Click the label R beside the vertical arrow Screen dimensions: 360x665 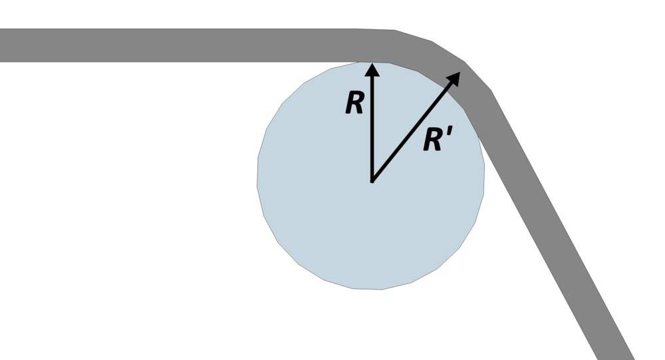(x=354, y=103)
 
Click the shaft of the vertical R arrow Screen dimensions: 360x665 (x=372, y=126)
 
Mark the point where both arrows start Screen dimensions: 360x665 (x=372, y=180)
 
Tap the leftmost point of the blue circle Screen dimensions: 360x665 (x=258, y=176)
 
